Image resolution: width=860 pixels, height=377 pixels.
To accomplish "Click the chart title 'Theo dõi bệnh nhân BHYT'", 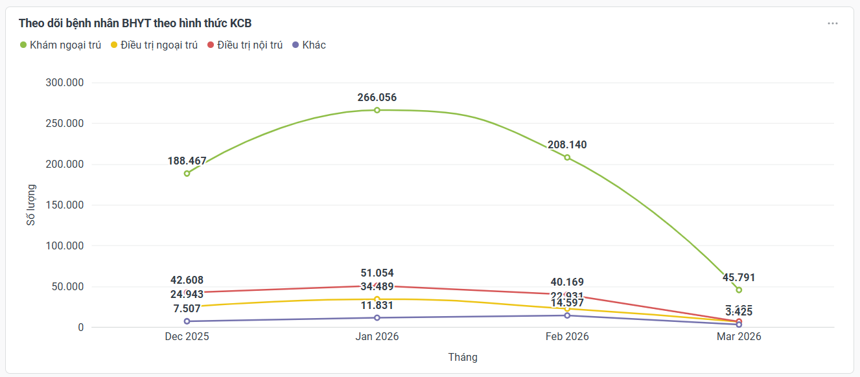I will [135, 23].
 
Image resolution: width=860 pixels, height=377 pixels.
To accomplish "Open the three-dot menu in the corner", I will [833, 23].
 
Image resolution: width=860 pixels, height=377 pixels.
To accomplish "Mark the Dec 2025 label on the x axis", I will [187, 337].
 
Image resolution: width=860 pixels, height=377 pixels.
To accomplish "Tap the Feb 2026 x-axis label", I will [567, 337].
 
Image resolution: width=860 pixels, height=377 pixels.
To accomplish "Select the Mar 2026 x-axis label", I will [739, 337].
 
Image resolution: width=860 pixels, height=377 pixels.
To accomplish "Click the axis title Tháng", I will [463, 357].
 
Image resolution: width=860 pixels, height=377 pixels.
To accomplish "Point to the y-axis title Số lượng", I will [31, 205].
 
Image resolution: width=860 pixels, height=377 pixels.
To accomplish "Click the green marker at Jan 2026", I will [377, 110].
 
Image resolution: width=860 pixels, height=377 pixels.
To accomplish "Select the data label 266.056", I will [377, 98].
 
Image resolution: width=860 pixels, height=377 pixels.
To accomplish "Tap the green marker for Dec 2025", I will [187, 174].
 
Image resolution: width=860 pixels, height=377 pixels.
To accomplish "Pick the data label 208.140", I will [567, 145].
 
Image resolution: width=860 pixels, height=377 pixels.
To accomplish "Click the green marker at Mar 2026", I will [739, 290].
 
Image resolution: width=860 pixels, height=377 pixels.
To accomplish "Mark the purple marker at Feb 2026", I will [567, 315].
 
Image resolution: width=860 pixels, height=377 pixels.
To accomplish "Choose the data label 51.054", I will [377, 273].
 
